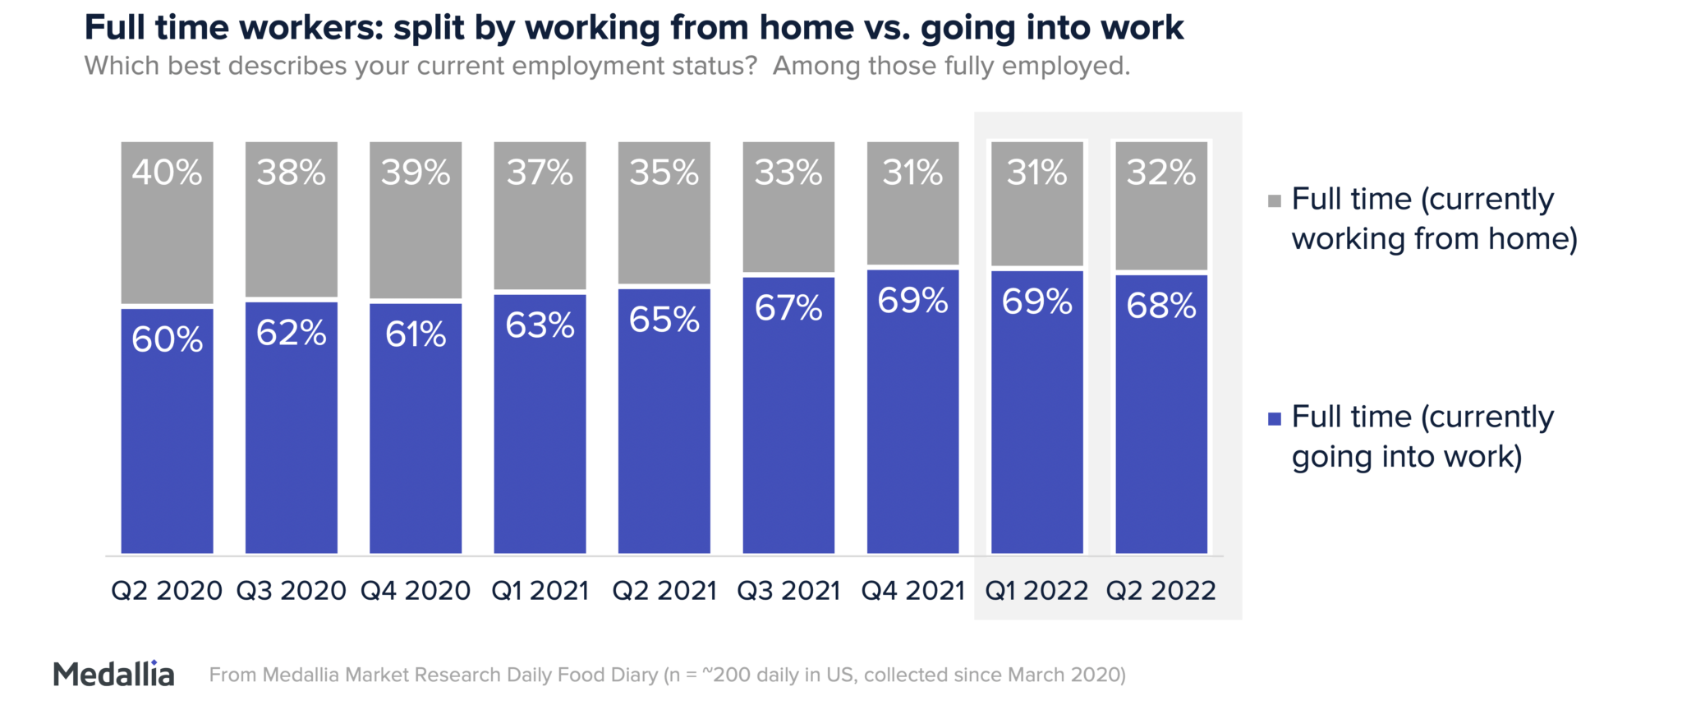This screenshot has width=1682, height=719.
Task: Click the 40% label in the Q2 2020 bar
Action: (x=167, y=173)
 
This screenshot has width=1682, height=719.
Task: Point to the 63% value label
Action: (x=540, y=325)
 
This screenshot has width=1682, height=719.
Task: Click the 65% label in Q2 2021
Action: (x=664, y=320)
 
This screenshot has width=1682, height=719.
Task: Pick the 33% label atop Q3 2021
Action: (x=788, y=173)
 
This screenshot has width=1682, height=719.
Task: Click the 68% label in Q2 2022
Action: (x=1161, y=306)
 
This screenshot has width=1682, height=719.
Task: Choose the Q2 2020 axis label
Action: (x=167, y=590)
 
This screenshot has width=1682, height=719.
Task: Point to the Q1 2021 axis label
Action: (x=540, y=590)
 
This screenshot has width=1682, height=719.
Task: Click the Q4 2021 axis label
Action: (x=912, y=590)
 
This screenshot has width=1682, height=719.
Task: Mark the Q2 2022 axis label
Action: (x=1161, y=590)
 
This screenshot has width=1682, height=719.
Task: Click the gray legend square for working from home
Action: (x=1275, y=201)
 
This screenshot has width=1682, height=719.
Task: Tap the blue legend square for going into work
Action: (x=1275, y=419)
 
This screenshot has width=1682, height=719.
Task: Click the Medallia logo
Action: (x=114, y=675)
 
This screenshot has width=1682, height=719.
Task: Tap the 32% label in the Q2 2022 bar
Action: (x=1161, y=173)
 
